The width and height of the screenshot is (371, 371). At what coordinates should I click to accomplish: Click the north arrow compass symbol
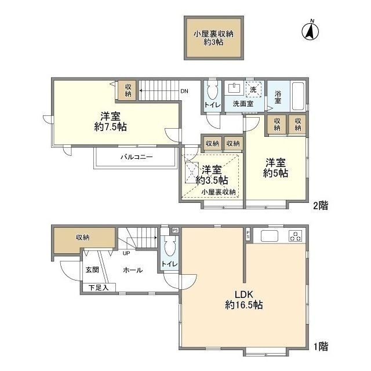click(x=310, y=31)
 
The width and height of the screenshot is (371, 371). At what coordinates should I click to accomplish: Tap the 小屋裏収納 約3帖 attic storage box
click(x=214, y=38)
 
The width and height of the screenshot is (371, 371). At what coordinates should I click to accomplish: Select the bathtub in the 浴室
click(x=298, y=96)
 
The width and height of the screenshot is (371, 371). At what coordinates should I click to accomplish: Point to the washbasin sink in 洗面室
click(x=234, y=88)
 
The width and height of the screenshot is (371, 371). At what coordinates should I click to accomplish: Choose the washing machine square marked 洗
click(x=253, y=89)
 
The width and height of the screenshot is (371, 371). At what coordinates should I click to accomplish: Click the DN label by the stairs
click(x=184, y=91)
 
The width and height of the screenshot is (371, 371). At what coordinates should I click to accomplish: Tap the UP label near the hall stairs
click(x=126, y=253)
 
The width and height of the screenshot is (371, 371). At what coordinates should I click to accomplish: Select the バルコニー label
click(x=137, y=157)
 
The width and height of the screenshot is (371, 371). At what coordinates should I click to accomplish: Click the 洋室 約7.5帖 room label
click(x=111, y=122)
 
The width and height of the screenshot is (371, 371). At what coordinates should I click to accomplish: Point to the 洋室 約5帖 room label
click(x=275, y=168)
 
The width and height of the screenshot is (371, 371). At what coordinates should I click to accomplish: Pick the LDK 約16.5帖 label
click(x=244, y=300)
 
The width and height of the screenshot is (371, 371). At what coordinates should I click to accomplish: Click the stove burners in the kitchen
click(x=296, y=236)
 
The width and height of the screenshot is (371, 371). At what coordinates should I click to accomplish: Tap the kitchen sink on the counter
click(x=269, y=236)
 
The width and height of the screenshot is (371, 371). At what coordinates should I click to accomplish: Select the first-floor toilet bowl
click(x=169, y=249)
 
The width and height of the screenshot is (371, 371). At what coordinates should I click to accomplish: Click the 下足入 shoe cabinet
click(x=99, y=288)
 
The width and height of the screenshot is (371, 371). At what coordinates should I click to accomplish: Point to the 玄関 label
click(x=92, y=270)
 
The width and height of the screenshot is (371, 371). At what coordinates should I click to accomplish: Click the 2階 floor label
click(x=321, y=206)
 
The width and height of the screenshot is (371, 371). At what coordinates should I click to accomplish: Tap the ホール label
click(x=133, y=270)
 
